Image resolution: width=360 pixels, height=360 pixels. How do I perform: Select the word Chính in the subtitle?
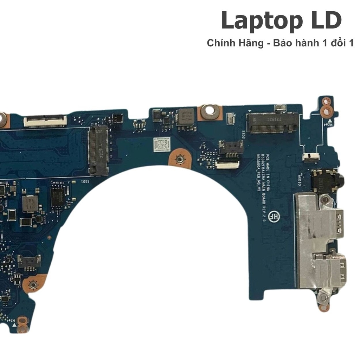pyautogui.click(x=219, y=43)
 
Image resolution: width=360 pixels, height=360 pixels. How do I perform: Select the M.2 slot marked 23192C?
pyautogui.click(x=272, y=123)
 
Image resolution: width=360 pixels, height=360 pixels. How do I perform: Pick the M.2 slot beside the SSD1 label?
pyautogui.click(x=98, y=150)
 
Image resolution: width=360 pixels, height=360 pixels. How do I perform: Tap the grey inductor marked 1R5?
pyautogui.click(x=30, y=204)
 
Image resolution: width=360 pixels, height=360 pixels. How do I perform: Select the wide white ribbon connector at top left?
pyautogui.click(x=45, y=121)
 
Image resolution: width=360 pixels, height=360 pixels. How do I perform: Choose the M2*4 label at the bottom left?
pyautogui.click(x=13, y=322)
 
